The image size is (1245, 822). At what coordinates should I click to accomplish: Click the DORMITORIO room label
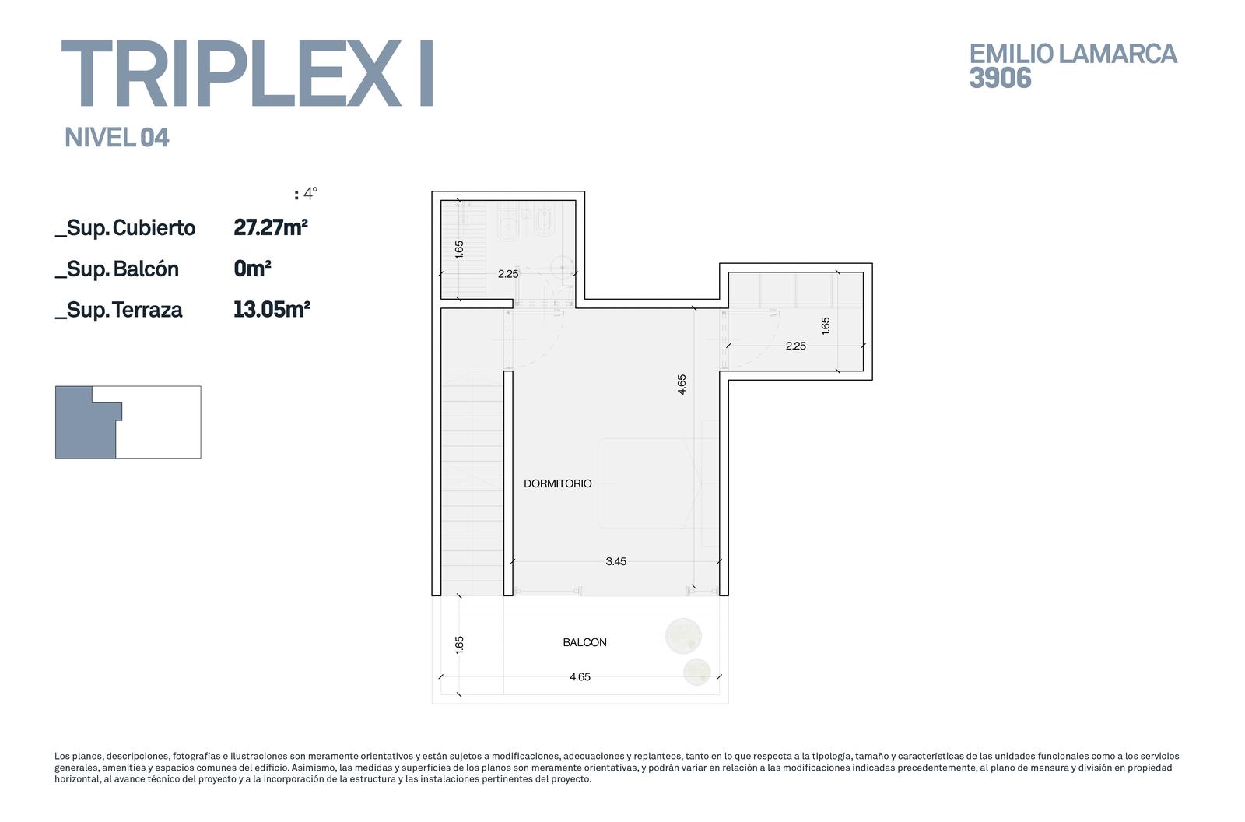557,483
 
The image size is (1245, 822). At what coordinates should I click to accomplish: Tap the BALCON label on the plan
584,642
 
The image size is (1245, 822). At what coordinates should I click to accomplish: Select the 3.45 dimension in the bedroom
615,562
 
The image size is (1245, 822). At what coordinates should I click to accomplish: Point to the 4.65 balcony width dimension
580,677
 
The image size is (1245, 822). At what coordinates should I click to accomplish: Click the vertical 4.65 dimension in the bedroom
682,385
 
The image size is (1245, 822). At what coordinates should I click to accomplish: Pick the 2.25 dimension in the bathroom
508,274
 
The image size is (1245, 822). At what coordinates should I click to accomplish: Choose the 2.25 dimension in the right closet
795,346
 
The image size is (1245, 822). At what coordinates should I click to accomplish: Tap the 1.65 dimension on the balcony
459,645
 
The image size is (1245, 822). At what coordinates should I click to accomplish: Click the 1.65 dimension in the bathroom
459,249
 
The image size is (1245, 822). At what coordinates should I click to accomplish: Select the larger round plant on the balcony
683,636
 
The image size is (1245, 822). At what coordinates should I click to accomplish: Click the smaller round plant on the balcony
696,672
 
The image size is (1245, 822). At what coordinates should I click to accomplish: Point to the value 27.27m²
271,227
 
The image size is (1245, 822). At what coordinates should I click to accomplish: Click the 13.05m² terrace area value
272,309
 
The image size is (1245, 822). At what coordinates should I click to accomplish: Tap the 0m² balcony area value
252,269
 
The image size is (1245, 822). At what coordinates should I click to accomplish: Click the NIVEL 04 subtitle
117,137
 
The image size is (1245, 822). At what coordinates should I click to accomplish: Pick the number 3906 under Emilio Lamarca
1000,78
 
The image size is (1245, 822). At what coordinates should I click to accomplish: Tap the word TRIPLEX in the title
230,73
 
